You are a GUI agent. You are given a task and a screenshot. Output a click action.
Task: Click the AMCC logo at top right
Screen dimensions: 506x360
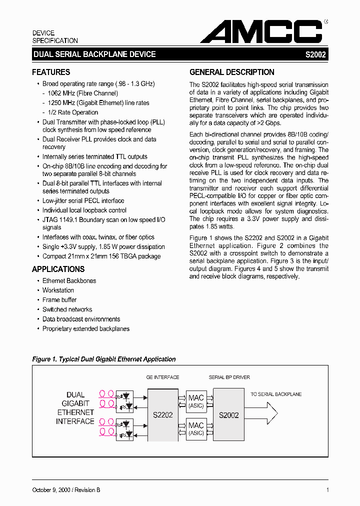(x=261, y=32)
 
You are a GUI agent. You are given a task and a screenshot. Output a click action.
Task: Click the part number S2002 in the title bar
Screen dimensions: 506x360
(x=315, y=54)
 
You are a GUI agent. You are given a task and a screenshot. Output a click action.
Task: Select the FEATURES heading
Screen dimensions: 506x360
(x=51, y=72)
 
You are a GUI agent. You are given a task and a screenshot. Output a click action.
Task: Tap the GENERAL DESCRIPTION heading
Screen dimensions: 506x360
(x=232, y=72)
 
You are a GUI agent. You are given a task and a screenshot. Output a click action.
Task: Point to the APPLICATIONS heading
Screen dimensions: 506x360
(x=58, y=269)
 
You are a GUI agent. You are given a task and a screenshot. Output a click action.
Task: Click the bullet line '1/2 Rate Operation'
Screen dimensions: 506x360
(x=73, y=112)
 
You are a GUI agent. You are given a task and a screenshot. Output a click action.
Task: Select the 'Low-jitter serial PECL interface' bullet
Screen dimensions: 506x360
(x=83, y=200)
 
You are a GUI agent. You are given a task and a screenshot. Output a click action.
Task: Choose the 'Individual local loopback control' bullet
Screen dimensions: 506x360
(x=84, y=210)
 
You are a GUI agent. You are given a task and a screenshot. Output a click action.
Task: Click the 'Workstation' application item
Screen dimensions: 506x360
(x=58, y=290)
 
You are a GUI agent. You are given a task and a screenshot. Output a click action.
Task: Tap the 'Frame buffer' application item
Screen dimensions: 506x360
(x=59, y=300)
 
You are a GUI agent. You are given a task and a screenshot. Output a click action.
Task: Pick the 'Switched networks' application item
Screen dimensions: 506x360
(x=67, y=309)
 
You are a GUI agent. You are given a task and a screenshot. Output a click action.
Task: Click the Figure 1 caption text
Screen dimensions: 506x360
(x=104, y=359)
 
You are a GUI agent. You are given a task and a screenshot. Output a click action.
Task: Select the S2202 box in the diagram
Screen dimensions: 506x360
(x=163, y=414)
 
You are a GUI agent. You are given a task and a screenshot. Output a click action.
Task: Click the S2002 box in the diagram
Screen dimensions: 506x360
(x=229, y=414)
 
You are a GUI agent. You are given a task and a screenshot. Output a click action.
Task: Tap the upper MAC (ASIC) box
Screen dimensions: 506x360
(x=196, y=401)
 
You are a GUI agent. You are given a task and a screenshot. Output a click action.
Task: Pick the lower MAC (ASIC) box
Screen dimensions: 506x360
(x=196, y=429)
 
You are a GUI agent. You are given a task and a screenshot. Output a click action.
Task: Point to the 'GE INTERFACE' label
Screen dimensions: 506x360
(x=162, y=377)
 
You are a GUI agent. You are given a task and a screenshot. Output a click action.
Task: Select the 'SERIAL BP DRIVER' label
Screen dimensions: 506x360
(x=229, y=377)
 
